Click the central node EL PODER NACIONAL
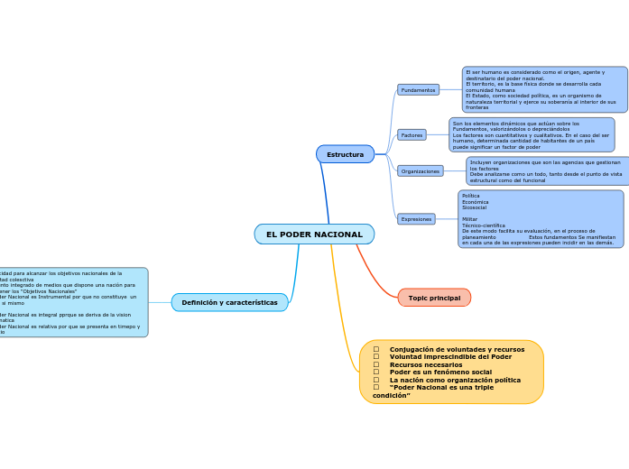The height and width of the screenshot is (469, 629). pos(314,234)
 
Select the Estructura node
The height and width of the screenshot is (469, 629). pos(345,154)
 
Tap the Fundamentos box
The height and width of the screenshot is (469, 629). pos(418,90)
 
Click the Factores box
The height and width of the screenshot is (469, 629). pos(412,135)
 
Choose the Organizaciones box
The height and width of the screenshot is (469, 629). pos(420,170)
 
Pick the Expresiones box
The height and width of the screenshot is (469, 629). pos(416,219)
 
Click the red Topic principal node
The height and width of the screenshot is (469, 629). pos(434,298)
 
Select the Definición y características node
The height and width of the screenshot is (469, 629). pos(229,302)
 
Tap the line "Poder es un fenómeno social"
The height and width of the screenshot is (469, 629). pos(440,372)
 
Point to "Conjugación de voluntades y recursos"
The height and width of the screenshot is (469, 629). pos(457,349)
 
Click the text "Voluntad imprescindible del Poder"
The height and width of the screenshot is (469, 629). pos(450,356)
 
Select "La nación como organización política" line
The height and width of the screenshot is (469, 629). pos(455,380)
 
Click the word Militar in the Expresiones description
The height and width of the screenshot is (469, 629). pos(470,219)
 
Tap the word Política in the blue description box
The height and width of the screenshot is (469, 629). pos(471,196)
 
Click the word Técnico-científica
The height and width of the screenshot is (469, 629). pos(484,225)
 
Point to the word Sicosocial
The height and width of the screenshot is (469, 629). pos(474,207)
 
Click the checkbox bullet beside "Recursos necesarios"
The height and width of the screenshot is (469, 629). pos(376,364)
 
